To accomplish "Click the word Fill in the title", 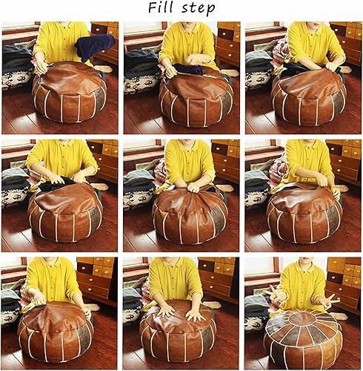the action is coord(161,7).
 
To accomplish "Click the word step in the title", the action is coord(199,8).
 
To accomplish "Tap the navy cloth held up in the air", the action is coord(95,47).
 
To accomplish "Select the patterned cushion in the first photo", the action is coord(15,77).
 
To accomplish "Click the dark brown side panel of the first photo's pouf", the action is coord(99,98).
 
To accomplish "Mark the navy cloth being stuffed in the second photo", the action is coord(188,69).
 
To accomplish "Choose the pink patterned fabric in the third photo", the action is coord(281,50).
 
